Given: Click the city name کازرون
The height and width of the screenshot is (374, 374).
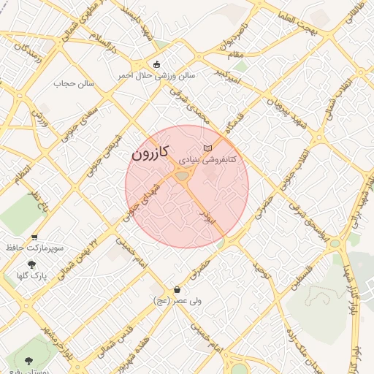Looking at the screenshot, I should point(151,154).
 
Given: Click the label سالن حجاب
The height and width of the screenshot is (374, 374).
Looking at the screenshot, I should point(75,83).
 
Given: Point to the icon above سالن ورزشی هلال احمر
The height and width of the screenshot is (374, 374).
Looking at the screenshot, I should point(157,63).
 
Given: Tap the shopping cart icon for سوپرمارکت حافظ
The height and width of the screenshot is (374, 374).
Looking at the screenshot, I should point(35,237).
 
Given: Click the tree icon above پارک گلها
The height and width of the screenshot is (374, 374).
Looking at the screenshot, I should point(31,264).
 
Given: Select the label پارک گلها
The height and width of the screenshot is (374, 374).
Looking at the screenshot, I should point(31,276).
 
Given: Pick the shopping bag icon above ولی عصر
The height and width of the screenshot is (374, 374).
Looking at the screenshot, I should point(177,289).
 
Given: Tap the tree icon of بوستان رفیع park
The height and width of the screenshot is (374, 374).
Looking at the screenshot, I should point(28,361).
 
